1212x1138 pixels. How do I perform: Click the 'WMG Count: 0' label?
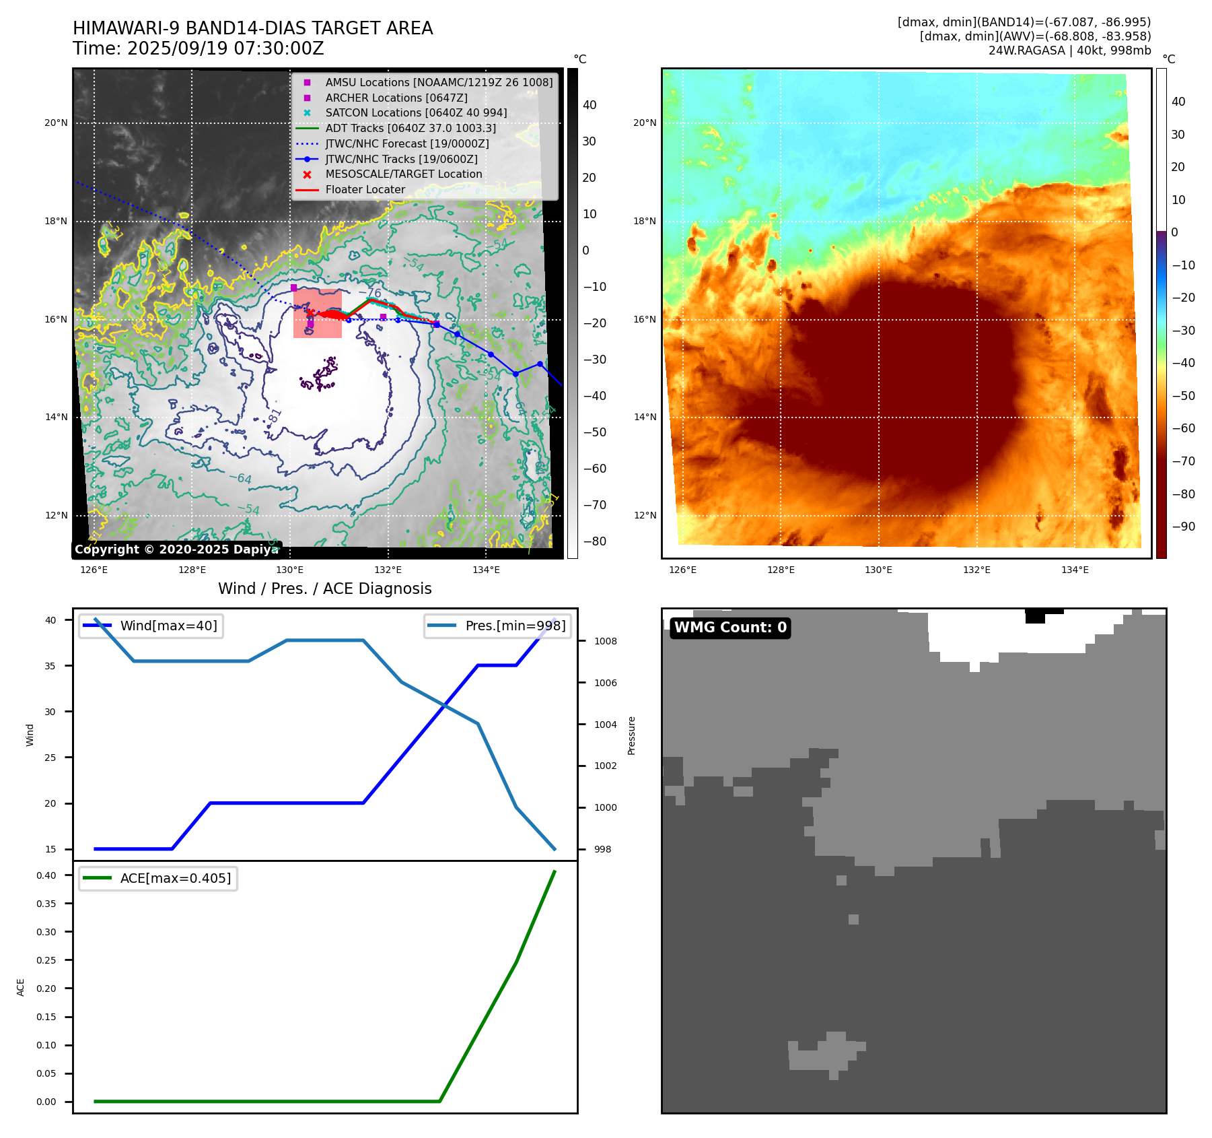point(730,628)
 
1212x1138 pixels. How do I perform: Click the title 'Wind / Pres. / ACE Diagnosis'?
point(324,589)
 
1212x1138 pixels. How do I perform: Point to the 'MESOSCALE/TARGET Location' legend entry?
point(403,174)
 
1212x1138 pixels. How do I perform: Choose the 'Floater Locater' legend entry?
point(365,190)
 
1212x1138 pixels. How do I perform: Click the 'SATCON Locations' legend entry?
point(416,113)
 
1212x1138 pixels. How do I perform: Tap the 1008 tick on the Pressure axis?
point(605,641)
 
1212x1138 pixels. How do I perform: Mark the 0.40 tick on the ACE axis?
point(46,875)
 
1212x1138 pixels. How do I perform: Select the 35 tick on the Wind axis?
point(50,666)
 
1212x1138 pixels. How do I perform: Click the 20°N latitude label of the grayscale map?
point(56,123)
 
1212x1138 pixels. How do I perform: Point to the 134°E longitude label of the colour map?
point(1075,570)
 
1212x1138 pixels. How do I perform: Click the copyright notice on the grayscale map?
point(176,549)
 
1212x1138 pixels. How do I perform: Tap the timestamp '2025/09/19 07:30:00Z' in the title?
point(225,49)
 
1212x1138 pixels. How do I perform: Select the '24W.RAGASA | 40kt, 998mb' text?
point(1069,51)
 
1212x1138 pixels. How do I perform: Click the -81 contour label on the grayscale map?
point(275,415)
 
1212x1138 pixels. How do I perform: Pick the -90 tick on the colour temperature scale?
point(1183,527)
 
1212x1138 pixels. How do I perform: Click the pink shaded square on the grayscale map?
point(318,313)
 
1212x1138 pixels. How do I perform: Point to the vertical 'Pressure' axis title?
point(631,735)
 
